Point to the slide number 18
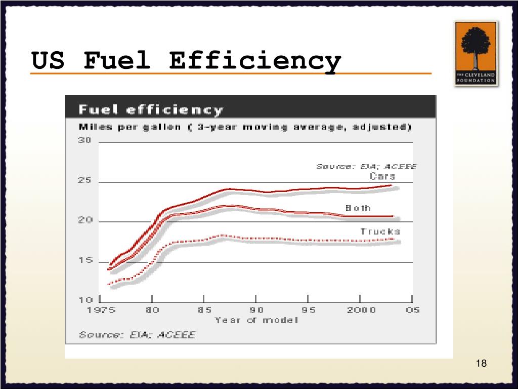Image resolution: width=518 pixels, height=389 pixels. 481,363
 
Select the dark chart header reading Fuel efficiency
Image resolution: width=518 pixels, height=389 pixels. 150,110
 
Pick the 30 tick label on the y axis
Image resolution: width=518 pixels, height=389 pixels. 84,140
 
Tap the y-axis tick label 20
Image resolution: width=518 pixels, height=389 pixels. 84,221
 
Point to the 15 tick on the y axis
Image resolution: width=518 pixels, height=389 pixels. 84,260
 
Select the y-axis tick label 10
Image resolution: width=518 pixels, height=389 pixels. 84,300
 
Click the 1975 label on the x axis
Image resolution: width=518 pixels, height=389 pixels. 101,310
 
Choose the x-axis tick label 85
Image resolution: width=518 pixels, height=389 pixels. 204,310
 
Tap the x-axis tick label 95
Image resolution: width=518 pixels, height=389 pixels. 308,310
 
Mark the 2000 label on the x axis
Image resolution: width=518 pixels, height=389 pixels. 361,310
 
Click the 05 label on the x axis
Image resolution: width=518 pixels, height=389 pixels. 412,310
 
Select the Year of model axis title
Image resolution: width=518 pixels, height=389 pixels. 256,320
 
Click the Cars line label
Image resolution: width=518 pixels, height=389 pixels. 382,176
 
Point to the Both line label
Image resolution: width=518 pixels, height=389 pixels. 358,208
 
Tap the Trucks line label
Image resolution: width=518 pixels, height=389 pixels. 380,231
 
